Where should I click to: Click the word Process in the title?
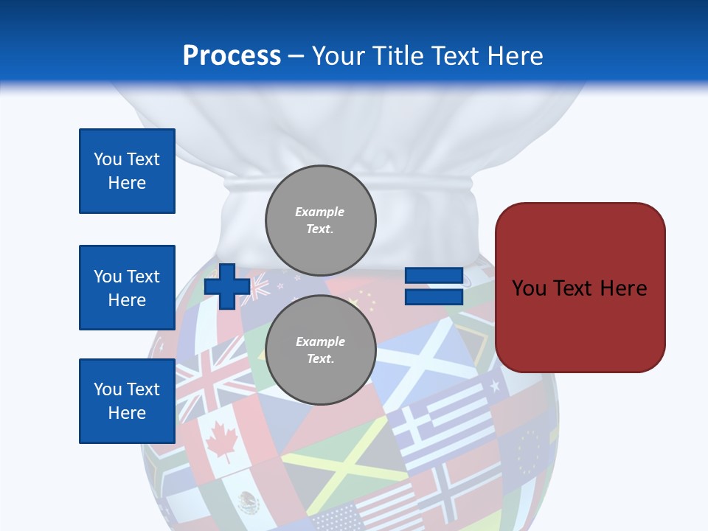coord(232,56)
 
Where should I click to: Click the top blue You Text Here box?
coord(127,171)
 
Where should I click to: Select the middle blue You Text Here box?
coord(127,288)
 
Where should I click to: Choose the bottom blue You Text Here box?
coord(127,401)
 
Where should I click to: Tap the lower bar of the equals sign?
coord(434,297)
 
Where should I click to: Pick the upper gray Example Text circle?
coord(320,220)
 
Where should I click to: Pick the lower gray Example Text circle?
coord(320,350)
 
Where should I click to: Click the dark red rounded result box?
coord(580,288)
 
